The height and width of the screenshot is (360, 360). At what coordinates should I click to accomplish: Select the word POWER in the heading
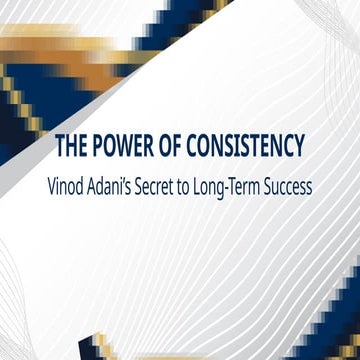(126, 148)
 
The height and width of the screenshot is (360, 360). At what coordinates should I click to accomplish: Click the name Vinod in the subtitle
(83, 185)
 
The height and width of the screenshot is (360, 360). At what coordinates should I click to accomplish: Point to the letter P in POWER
(100, 148)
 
